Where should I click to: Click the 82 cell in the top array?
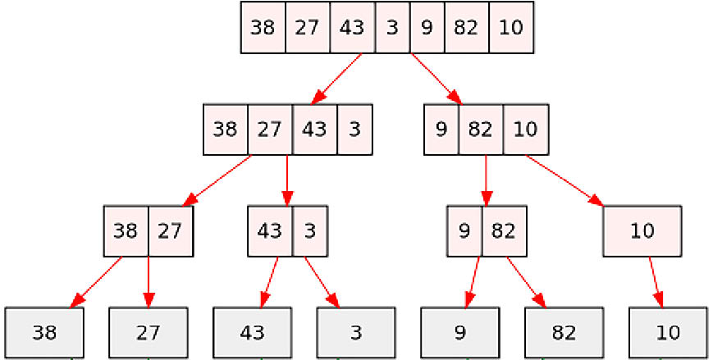pyautogui.click(x=467, y=27)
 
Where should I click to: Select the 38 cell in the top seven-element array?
pyautogui.click(x=263, y=27)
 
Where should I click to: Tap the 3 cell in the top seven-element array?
pyautogui.click(x=392, y=27)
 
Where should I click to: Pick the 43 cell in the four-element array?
pyautogui.click(x=315, y=130)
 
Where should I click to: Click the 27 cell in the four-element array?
pyautogui.click(x=270, y=130)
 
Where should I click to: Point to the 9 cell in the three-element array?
pyautogui.click(x=441, y=130)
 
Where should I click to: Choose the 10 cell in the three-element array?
pyautogui.click(x=526, y=130)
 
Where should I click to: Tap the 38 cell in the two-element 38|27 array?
pyautogui.click(x=126, y=231)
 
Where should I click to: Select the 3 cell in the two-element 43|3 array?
pyautogui.click(x=309, y=231)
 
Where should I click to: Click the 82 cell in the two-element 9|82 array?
pyautogui.click(x=504, y=231)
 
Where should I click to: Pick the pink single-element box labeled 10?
pyautogui.click(x=642, y=231)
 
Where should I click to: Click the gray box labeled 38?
pyautogui.click(x=44, y=333)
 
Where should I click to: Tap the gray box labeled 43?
pyautogui.click(x=252, y=333)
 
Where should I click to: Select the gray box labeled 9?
pyautogui.click(x=459, y=333)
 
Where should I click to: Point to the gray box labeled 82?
pyautogui.click(x=564, y=333)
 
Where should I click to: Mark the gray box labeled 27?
pyautogui.click(x=149, y=333)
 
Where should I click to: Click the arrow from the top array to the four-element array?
pyautogui.click(x=337, y=79)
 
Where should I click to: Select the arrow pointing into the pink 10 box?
pyautogui.click(x=564, y=180)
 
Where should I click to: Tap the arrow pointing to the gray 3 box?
pyautogui.click(x=322, y=282)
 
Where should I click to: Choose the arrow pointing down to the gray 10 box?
pyautogui.click(x=656, y=282)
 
